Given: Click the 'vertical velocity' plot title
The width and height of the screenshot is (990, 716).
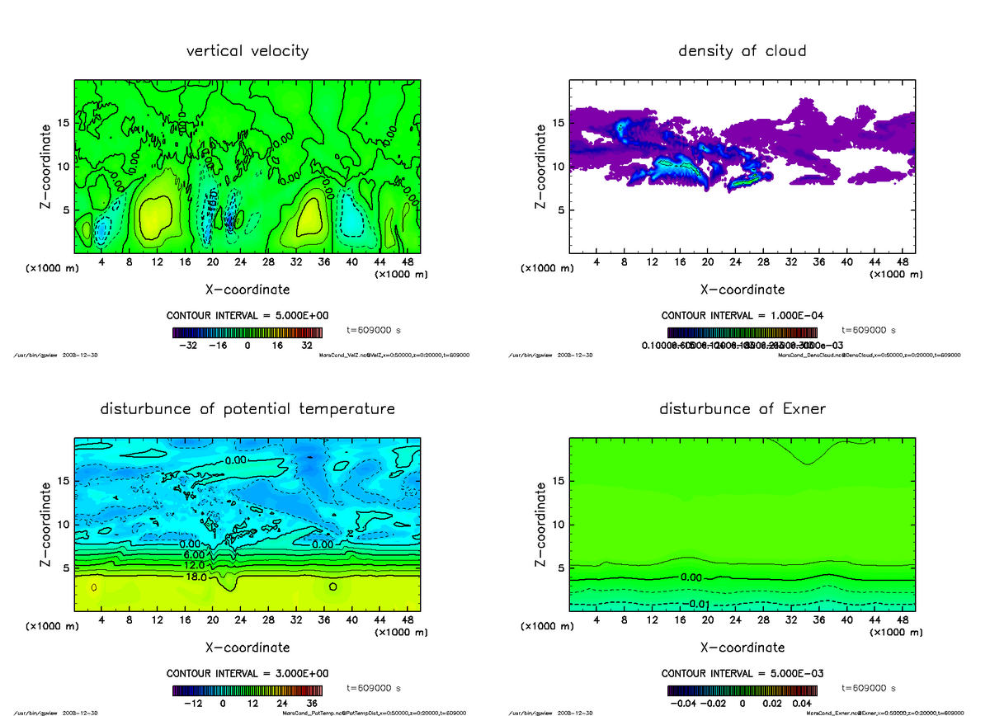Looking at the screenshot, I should pyautogui.click(x=247, y=51).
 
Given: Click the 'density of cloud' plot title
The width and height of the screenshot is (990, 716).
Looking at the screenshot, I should pyautogui.click(x=742, y=51).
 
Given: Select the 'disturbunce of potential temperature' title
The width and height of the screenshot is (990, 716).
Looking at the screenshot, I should pyautogui.click(x=247, y=409).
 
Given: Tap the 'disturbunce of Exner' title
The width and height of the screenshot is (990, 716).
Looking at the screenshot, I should pyautogui.click(x=742, y=409).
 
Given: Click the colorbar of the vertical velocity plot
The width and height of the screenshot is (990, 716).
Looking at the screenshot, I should pyautogui.click(x=247, y=332).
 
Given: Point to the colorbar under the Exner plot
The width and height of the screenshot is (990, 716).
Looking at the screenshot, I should pyautogui.click(x=742, y=690).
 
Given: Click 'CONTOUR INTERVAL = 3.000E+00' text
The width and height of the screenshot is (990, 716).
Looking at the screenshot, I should pyautogui.click(x=247, y=673).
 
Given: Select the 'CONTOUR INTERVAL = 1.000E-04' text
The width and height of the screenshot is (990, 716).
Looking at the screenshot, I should pyautogui.click(x=742, y=315).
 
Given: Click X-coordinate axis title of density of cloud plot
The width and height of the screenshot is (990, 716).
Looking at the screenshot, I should pyautogui.click(x=742, y=290).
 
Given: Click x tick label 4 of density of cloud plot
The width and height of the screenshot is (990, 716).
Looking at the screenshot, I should pyautogui.click(x=596, y=262).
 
